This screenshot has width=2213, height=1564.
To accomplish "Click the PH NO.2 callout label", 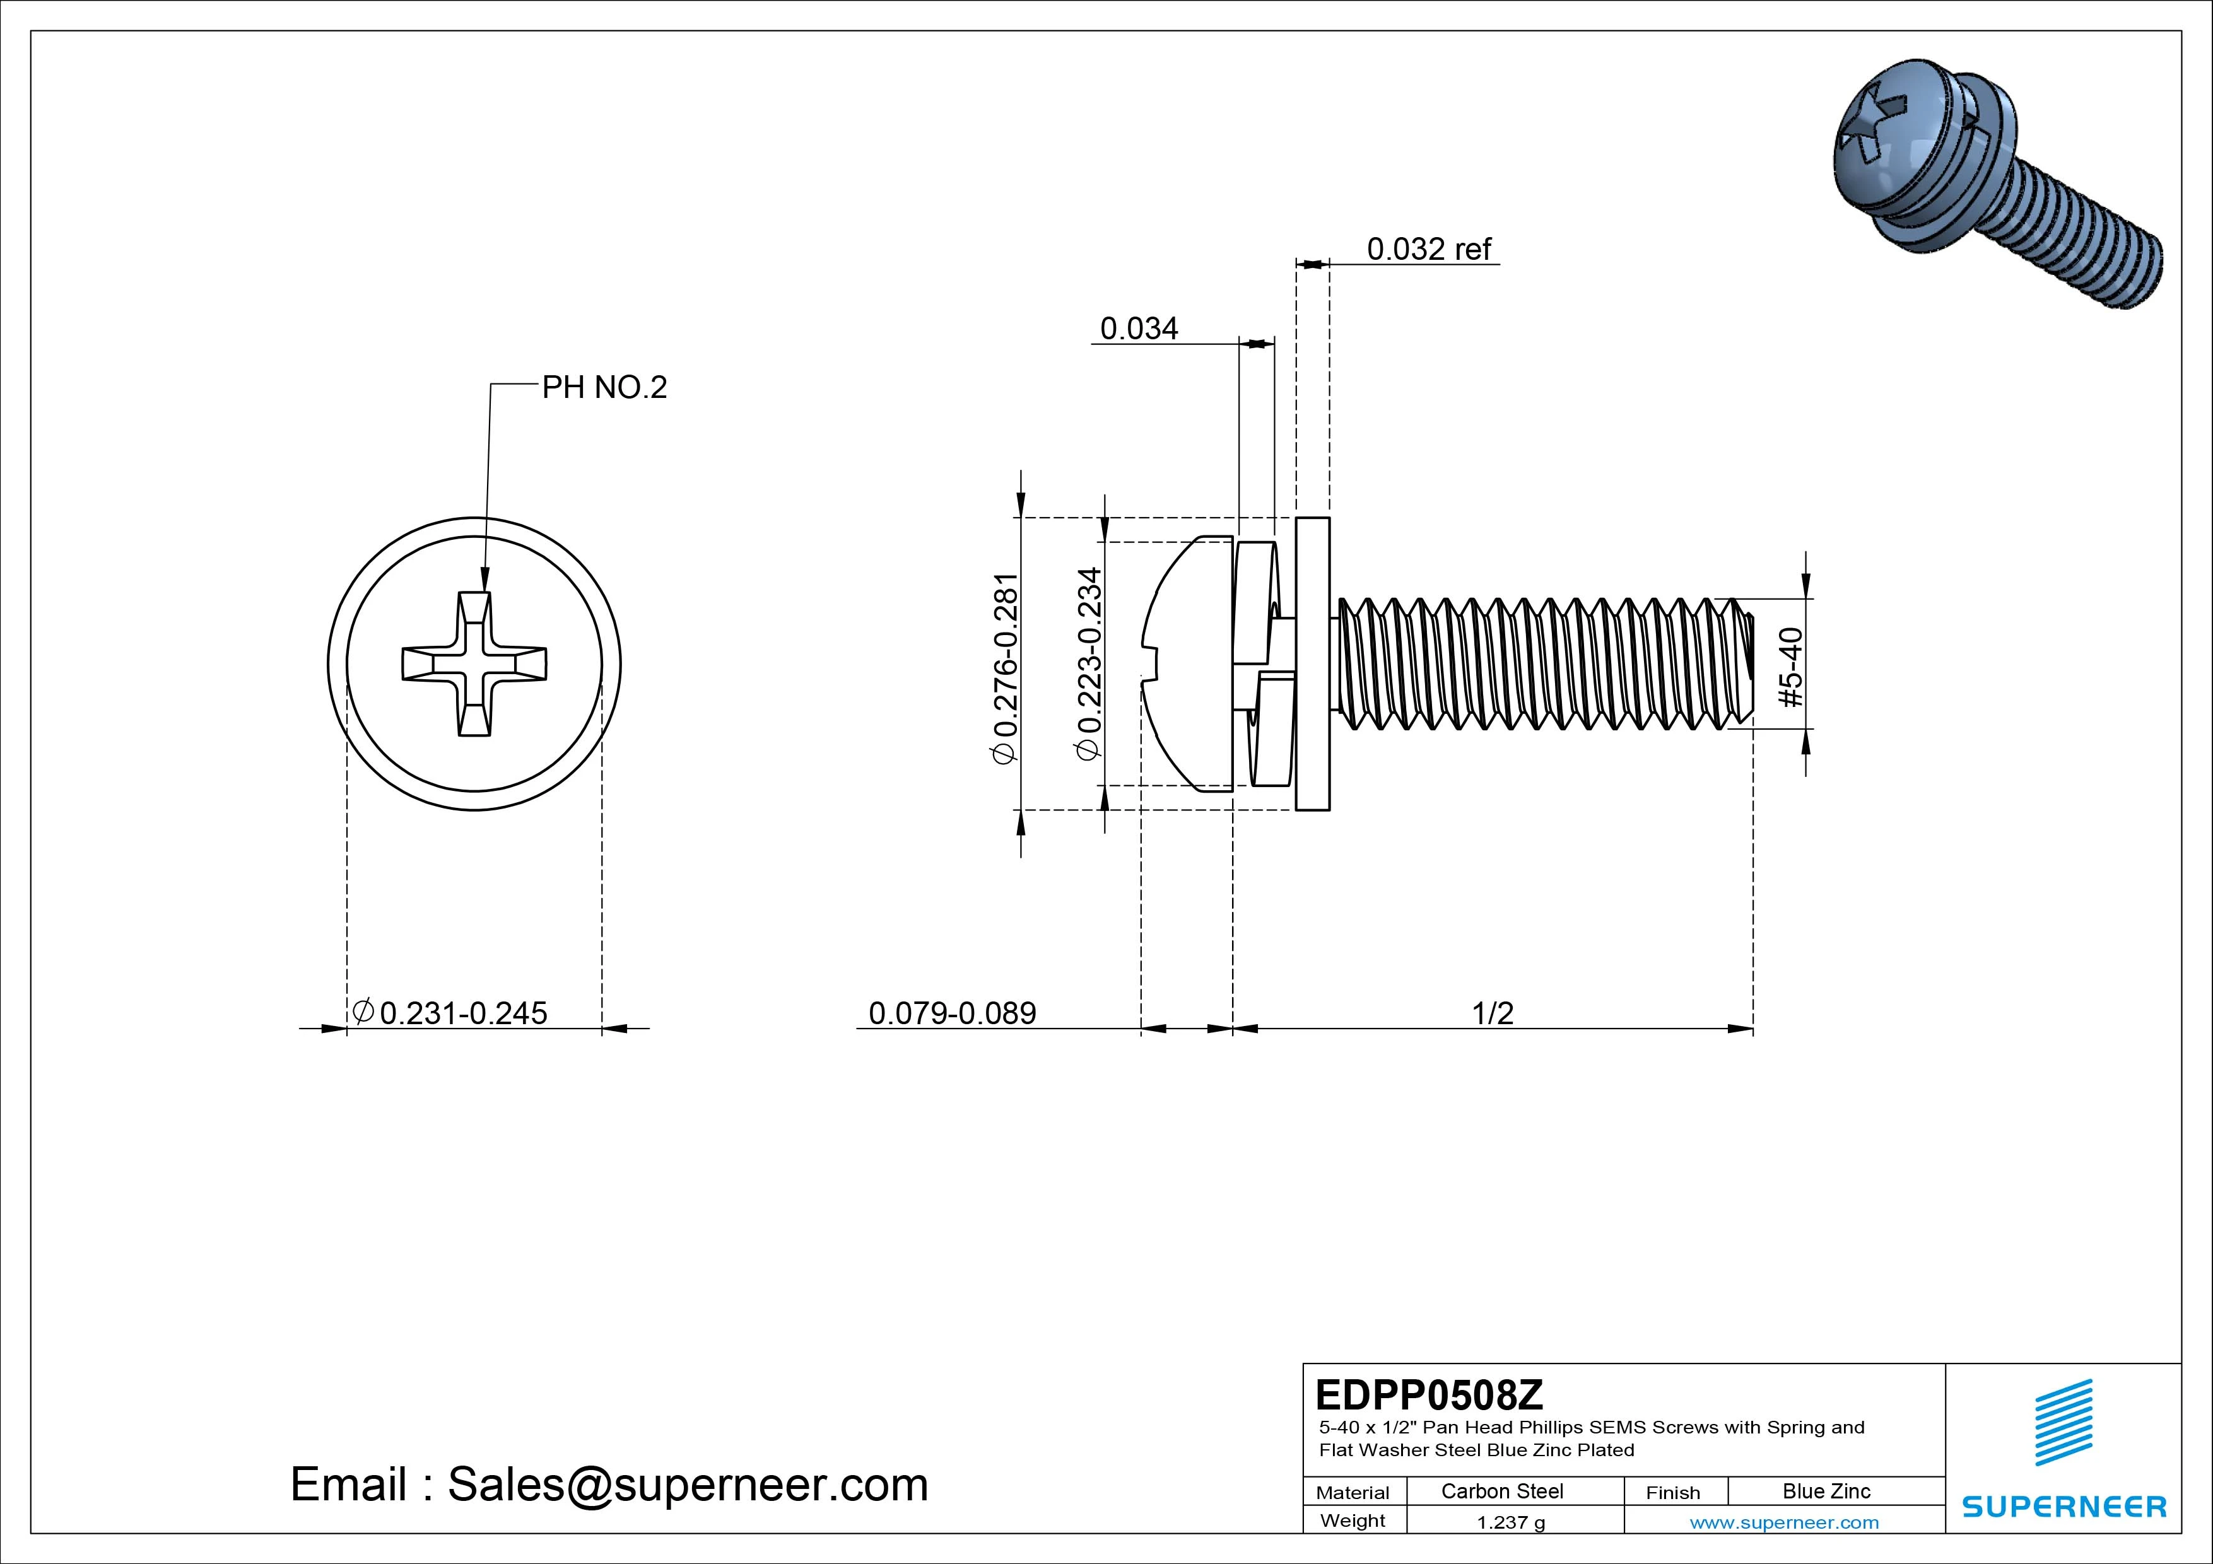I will coord(604,387).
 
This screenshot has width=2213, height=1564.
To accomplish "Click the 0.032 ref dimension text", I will coord(1428,250).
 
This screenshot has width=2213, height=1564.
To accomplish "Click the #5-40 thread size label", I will coord(1791,667).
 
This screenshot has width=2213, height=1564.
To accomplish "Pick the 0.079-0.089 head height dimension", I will coord(953,1013).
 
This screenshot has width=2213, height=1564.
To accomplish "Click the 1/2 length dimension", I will coord(1492,1013).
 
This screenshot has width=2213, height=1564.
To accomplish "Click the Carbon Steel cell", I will coord(1501,1491).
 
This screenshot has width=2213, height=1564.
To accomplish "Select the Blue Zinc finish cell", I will coord(1826,1491).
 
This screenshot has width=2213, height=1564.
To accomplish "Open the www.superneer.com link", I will coord(1783,1522).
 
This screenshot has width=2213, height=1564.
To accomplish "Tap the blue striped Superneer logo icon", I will coord(2063,1422).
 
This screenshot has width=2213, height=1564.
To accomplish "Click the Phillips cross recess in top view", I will coord(474,664).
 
